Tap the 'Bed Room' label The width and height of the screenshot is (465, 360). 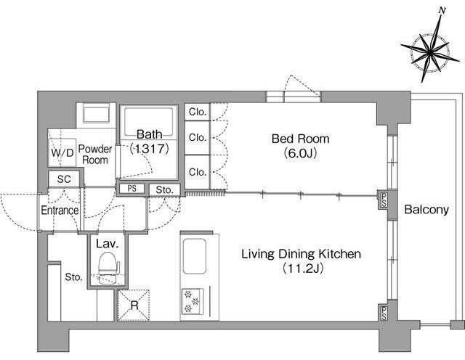[x=300, y=139]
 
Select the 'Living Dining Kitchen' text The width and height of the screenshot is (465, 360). [x=301, y=254]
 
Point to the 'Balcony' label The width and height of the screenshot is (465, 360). [x=426, y=210]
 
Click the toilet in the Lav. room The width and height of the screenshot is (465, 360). [x=108, y=268]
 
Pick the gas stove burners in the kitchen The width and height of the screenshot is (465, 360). [x=192, y=302]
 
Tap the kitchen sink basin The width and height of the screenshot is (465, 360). [x=194, y=256]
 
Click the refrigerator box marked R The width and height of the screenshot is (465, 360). [x=134, y=305]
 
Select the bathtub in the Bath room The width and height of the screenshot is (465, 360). [x=148, y=121]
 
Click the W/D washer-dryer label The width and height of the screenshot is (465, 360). [x=62, y=152]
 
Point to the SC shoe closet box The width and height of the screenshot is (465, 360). [x=64, y=179]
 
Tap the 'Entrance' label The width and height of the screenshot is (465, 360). [x=60, y=210]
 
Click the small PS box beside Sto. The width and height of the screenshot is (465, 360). [x=132, y=189]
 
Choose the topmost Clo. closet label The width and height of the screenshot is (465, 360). [x=197, y=112]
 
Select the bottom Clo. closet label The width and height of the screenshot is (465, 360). [x=197, y=172]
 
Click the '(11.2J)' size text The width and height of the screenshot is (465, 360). [x=302, y=268]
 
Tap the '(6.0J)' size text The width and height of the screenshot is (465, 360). [x=300, y=153]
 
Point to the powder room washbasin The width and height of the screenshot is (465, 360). [x=95, y=113]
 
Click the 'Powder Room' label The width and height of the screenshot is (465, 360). [x=95, y=155]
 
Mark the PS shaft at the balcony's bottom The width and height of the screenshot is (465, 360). [x=384, y=314]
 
